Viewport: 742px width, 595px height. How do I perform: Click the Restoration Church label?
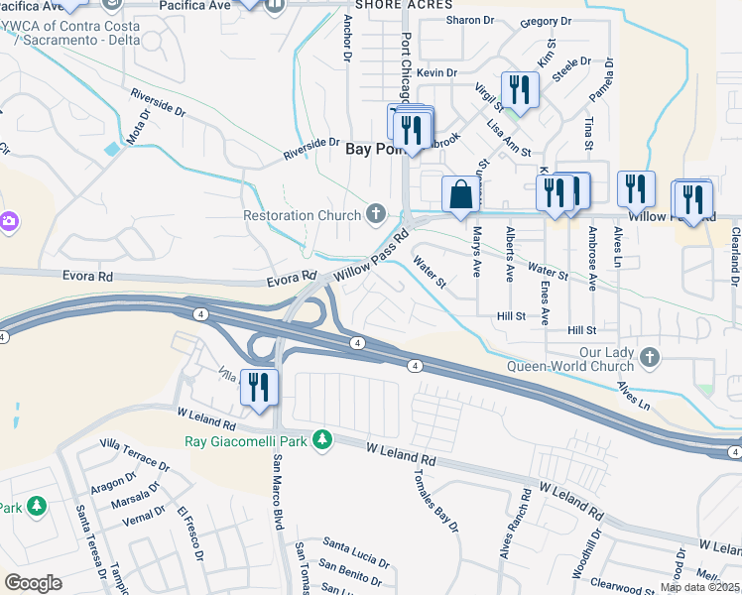303,214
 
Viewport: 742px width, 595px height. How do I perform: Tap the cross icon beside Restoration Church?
375,212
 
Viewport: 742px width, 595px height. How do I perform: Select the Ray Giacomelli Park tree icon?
321,438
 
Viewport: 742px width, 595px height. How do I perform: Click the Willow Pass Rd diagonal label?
372,256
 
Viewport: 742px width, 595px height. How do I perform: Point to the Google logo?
34,583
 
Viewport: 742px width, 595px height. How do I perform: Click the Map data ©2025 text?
700,587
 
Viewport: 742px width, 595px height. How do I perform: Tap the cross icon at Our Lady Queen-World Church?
649,355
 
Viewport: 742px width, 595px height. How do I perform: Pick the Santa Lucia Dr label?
354,542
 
